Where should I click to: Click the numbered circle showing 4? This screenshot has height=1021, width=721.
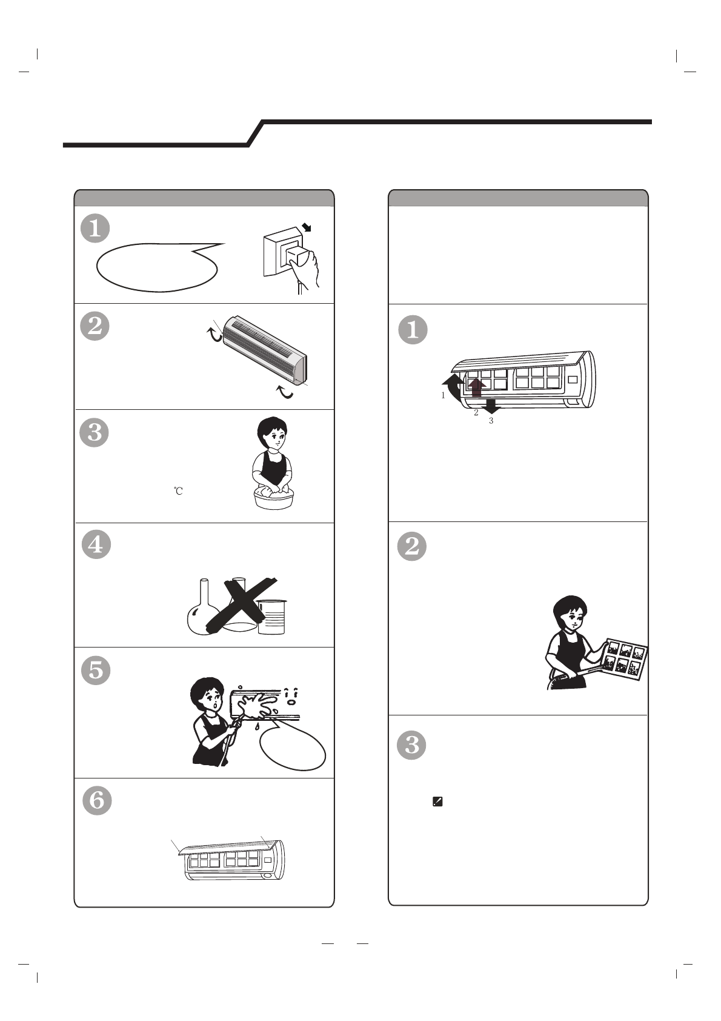coord(96,544)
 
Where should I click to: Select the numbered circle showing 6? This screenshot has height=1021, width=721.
coord(97,800)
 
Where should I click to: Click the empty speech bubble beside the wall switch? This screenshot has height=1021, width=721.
coord(157,267)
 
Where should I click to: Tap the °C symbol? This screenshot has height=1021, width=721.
coord(178,491)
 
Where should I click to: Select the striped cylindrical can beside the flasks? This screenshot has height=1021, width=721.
coord(272,617)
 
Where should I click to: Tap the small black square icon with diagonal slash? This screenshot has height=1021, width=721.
coord(437,802)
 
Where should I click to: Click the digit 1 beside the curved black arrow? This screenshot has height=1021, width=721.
coord(443,395)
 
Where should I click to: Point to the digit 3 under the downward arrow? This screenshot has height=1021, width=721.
coord(491,421)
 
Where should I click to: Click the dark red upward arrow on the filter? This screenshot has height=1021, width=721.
coord(476,388)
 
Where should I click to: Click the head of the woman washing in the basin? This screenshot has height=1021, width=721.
coord(272,434)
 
